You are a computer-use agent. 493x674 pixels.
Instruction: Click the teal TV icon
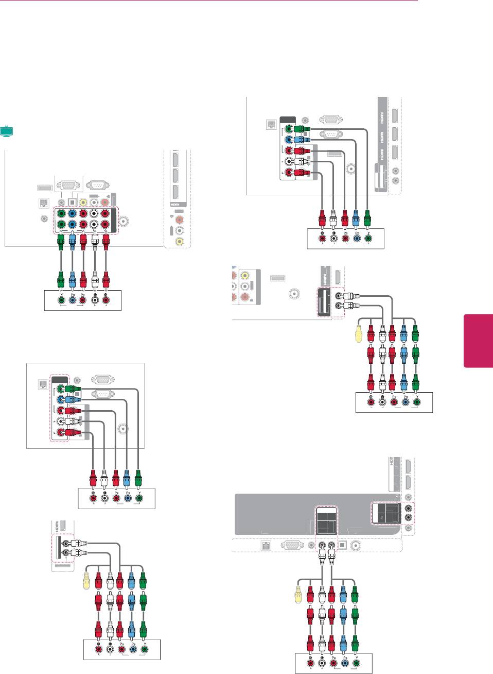click(6, 131)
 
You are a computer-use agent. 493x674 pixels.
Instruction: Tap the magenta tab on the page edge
click(478, 341)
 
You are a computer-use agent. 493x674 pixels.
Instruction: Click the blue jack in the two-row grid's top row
click(72, 213)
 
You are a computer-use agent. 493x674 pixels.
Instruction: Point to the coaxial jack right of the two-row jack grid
click(124, 222)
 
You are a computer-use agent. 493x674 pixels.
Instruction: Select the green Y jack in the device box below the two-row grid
click(61, 300)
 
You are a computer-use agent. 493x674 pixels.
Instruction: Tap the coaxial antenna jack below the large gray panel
click(356, 546)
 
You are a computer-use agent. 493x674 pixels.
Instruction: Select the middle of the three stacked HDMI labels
click(382, 137)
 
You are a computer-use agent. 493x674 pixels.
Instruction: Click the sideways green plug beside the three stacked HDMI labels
click(304, 129)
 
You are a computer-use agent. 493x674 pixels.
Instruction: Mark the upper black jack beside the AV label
click(408, 509)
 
